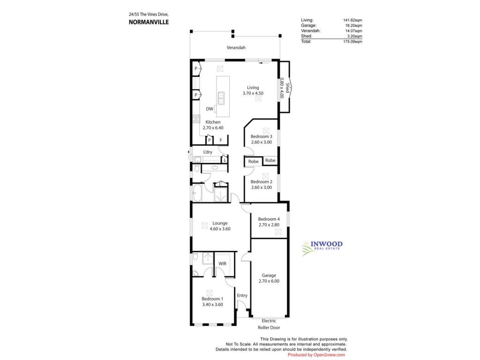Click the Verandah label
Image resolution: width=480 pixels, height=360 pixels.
(236, 47)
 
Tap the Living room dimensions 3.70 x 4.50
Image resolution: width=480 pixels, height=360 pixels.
(253, 93)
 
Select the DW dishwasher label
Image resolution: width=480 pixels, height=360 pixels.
(210, 109)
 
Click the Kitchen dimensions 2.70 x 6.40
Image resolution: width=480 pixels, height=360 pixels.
(213, 128)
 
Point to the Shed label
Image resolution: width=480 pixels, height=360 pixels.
(287, 88)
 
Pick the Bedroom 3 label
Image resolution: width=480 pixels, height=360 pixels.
(261, 136)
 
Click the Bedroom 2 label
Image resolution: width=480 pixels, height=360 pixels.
(261, 182)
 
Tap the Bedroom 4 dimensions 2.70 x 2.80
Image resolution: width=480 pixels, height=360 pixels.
(269, 225)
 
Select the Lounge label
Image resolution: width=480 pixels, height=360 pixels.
(220, 223)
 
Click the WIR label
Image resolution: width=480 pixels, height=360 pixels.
(222, 263)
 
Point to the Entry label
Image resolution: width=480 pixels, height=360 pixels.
(242, 295)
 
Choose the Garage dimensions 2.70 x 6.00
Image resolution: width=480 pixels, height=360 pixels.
(269, 281)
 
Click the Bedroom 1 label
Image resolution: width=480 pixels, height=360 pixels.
(212, 299)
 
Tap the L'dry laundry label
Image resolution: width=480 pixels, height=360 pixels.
(208, 152)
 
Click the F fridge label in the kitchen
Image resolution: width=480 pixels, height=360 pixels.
(221, 141)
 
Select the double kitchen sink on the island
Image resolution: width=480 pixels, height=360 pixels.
(221, 98)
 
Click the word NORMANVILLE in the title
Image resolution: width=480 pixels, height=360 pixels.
(149, 22)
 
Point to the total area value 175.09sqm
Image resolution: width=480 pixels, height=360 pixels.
(352, 41)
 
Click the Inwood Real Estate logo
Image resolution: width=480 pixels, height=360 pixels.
(322, 248)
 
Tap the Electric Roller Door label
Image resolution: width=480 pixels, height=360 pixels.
(269, 324)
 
